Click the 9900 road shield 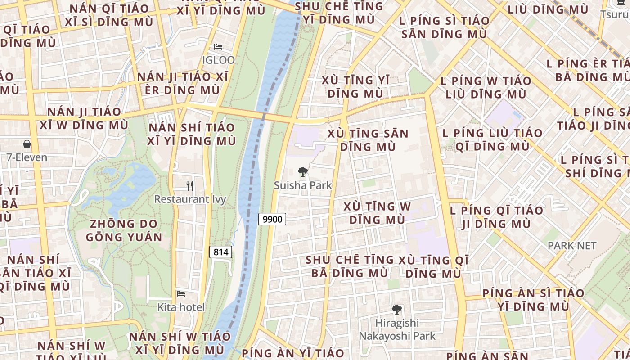tap(272, 219)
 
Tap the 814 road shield tap(220, 252)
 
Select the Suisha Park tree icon tap(303, 171)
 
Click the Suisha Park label tap(303, 185)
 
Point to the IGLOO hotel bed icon tap(218, 47)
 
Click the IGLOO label tap(218, 60)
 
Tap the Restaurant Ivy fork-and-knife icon tap(190, 185)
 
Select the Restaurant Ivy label tap(190, 199)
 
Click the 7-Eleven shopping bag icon tap(27, 144)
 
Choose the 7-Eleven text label tap(27, 157)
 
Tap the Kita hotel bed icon tap(181, 294)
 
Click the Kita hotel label tap(181, 307)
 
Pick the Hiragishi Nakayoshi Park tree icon tap(396, 310)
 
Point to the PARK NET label tap(571, 246)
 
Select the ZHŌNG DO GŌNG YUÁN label tap(124, 230)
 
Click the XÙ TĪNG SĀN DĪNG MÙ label tap(368, 140)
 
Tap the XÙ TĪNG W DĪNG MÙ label tap(377, 213)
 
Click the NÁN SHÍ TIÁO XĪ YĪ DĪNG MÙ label tap(192, 134)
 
